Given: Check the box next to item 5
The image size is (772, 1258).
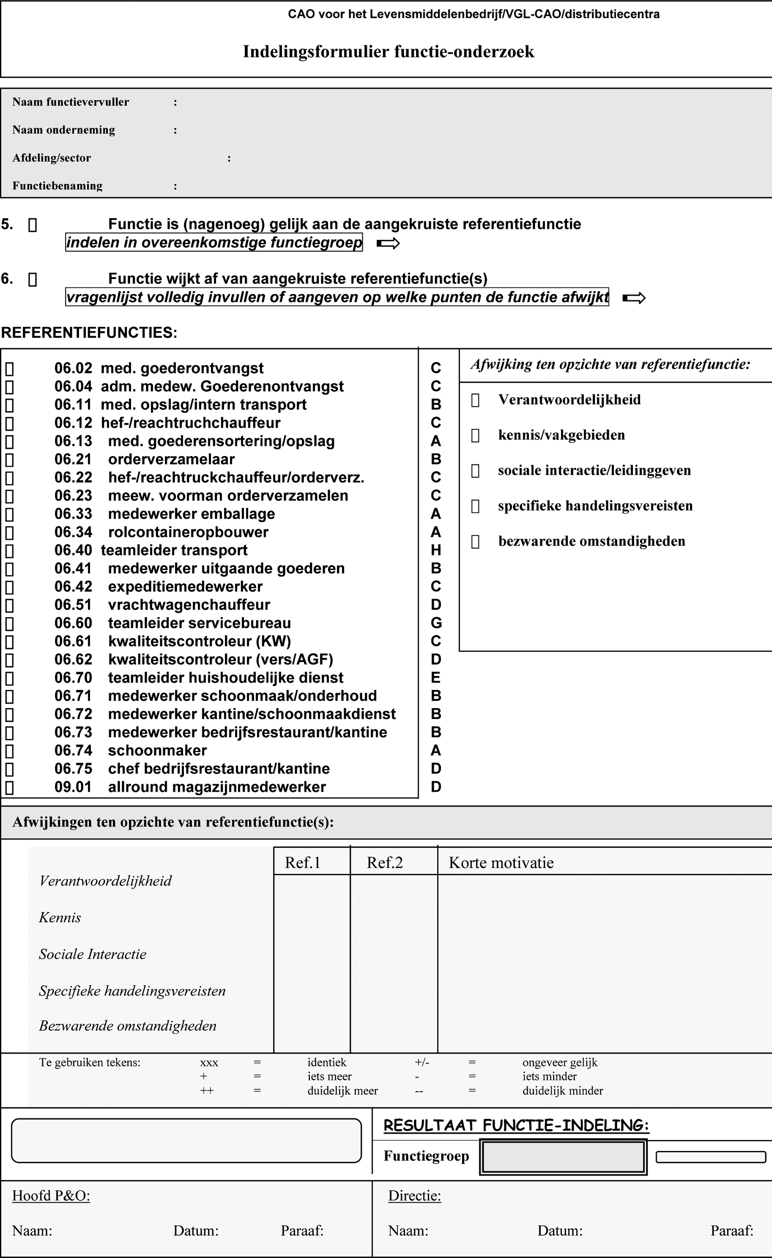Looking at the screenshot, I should pyautogui.click(x=32, y=225).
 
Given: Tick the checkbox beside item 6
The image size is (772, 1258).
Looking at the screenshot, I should pyautogui.click(x=32, y=279).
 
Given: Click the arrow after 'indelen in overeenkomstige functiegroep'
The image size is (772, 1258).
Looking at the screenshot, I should pyautogui.click(x=388, y=244).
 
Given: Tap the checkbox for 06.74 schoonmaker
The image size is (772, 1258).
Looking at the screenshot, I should pyautogui.click(x=9, y=751).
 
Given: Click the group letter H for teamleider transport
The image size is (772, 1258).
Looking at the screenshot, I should pyautogui.click(x=435, y=550).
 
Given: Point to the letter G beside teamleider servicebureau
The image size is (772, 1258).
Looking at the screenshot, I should pyautogui.click(x=435, y=623).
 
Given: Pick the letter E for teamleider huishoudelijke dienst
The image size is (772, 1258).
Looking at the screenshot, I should pyautogui.click(x=435, y=678).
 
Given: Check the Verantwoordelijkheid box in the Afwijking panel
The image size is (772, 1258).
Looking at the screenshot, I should pyautogui.click(x=475, y=400).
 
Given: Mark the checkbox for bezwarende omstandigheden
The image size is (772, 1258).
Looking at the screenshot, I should pyautogui.click(x=475, y=541).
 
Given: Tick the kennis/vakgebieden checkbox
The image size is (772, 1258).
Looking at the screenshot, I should pyautogui.click(x=475, y=435).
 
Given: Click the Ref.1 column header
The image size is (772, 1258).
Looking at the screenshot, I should pyautogui.click(x=302, y=863).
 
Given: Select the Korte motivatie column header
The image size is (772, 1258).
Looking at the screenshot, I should pyautogui.click(x=501, y=863).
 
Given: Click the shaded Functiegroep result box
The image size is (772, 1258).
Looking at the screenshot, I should pyautogui.click(x=563, y=1157).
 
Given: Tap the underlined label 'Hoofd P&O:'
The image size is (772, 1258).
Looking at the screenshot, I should pyautogui.click(x=51, y=1196).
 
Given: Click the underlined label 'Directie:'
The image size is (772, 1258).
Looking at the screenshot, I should pyautogui.click(x=414, y=1196).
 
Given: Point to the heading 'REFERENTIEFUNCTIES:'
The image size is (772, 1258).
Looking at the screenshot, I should pyautogui.click(x=89, y=333).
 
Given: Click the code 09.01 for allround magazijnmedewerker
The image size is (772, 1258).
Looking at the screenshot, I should pyautogui.click(x=73, y=787).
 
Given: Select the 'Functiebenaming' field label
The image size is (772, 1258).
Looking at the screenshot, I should pyautogui.click(x=57, y=185).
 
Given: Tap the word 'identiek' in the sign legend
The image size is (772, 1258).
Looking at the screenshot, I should pyautogui.click(x=327, y=1062).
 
